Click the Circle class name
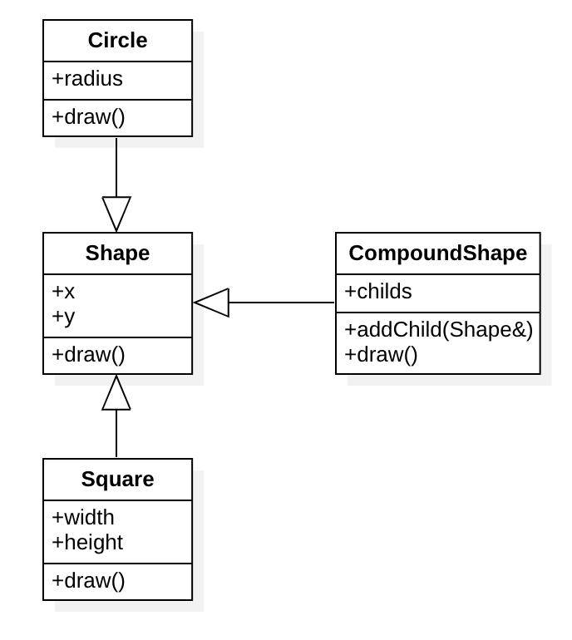117,41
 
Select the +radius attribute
87,79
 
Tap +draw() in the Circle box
88,117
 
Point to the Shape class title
117,254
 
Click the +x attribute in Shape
64,291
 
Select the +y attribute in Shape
63,317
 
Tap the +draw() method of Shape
88,355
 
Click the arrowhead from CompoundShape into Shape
212,303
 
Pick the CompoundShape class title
438,254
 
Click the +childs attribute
378,292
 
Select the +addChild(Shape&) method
438,329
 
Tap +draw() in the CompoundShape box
381,355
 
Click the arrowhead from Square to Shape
116,392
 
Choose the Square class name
117,480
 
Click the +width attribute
83,517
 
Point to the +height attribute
87,543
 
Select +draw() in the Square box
88,581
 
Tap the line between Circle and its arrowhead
116,166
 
